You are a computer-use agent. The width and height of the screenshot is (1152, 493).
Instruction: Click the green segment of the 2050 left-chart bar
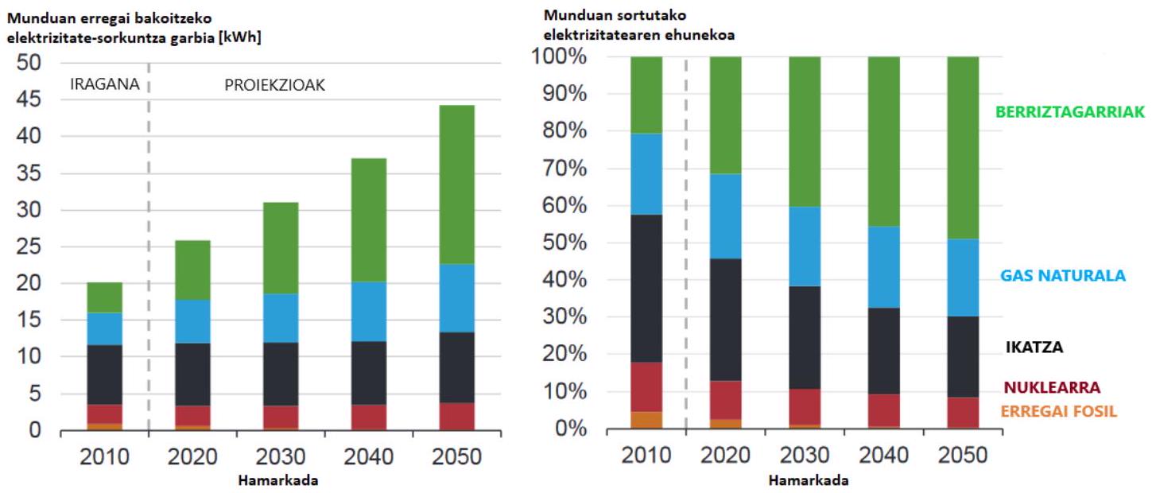click(x=456, y=184)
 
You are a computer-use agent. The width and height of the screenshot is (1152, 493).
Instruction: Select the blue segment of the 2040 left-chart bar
click(x=369, y=312)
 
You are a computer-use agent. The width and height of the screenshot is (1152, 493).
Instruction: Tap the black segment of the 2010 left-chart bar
click(x=104, y=375)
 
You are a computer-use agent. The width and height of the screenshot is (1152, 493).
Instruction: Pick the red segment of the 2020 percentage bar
click(x=726, y=400)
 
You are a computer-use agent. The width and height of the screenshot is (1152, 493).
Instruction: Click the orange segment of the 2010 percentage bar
click(x=646, y=420)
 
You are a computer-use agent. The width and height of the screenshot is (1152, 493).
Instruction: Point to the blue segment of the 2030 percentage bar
click(x=805, y=246)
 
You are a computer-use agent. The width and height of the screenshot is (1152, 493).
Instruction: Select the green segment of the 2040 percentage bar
click(x=884, y=142)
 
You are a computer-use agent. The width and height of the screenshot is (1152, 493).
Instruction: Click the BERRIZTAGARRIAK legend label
click(x=1070, y=111)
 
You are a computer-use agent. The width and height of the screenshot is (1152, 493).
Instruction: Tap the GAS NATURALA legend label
click(x=1062, y=275)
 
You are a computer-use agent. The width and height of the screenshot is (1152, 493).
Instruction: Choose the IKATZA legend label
click(x=1034, y=347)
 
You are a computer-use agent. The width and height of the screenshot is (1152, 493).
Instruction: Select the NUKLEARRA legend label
click(x=1052, y=387)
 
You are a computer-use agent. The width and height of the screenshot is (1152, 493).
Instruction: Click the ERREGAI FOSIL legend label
click(x=1058, y=411)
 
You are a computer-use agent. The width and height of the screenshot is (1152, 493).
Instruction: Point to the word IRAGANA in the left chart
click(x=104, y=83)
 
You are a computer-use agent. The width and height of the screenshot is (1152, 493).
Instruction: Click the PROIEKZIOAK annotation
click(x=274, y=85)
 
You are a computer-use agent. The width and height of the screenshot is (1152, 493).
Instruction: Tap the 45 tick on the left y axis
click(x=29, y=99)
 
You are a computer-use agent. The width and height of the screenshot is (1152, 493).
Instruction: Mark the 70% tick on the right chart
click(x=564, y=169)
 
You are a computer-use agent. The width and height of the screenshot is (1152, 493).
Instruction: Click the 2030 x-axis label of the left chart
click(x=281, y=456)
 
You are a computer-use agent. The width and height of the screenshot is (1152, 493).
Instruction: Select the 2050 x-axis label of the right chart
click(x=963, y=455)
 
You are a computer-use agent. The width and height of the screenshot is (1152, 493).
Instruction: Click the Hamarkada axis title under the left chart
click(x=277, y=480)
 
